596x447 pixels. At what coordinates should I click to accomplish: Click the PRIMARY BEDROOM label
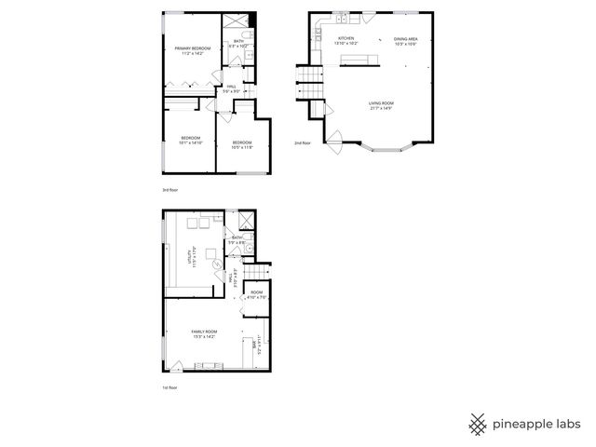193,50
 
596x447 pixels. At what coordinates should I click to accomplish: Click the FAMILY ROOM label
204,334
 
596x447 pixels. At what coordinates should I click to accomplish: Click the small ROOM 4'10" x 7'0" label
256,294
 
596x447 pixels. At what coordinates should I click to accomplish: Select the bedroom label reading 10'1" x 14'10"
190,141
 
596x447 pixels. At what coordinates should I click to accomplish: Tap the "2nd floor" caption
302,143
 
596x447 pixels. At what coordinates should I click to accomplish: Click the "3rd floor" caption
169,190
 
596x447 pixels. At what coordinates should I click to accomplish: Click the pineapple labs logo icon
478,424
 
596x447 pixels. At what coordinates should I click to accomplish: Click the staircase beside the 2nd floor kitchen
308,85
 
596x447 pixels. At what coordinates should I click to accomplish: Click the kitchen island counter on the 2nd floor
359,61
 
